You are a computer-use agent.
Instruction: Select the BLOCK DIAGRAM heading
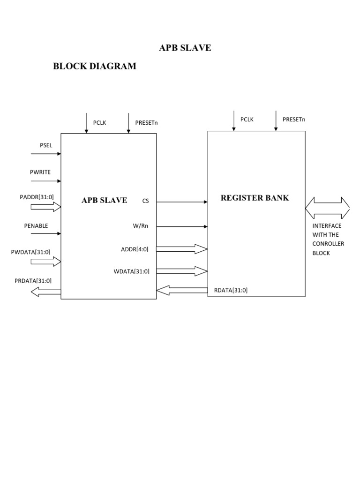[x=95, y=66]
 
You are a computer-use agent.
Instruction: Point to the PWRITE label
[x=40, y=172]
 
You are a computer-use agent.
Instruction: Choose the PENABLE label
[x=36, y=226]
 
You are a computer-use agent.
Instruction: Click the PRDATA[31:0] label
[x=33, y=281]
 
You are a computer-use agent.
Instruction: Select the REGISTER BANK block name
[x=255, y=198]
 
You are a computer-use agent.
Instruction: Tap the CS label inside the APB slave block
[x=145, y=201]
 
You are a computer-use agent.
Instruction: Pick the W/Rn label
[x=141, y=226]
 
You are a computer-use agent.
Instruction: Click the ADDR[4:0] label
[x=135, y=249]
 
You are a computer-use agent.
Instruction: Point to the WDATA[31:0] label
[x=132, y=271]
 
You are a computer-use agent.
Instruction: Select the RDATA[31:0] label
[x=231, y=290]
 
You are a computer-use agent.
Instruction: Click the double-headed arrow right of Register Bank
[x=327, y=208]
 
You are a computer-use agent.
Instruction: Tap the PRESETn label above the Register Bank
[x=294, y=120]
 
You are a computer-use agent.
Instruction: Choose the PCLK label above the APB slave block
[x=99, y=123]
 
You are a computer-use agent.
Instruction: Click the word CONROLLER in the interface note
[x=328, y=244]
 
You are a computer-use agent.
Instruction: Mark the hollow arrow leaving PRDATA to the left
[x=45, y=292]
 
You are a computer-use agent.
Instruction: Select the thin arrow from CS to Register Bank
[x=182, y=202]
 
